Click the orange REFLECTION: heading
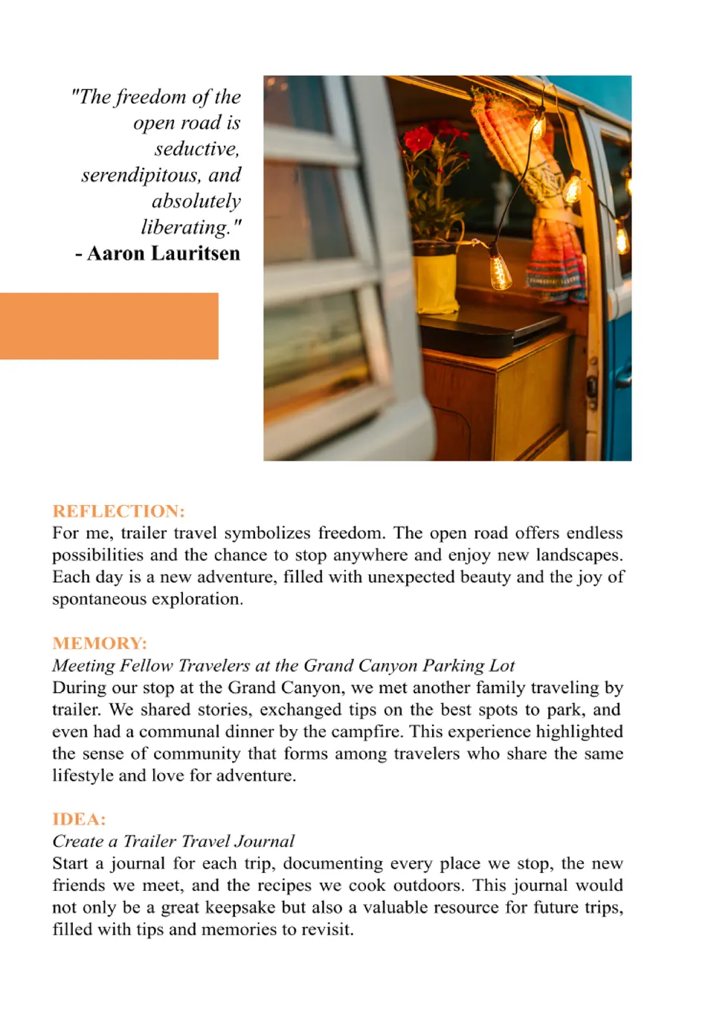point(118,511)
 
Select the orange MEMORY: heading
point(100,643)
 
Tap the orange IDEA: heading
point(79,819)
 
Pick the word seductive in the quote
point(196,150)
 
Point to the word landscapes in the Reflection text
point(579,555)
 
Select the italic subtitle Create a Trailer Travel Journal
point(173,842)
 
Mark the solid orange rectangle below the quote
point(109,326)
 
